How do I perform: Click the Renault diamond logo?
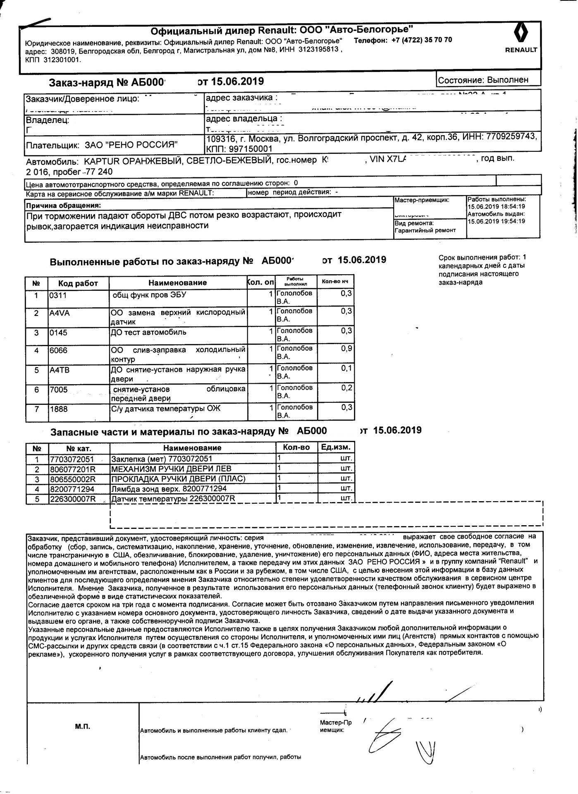520,33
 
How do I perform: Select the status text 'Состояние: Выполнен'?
483,80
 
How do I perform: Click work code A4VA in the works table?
60,313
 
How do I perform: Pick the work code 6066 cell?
58,351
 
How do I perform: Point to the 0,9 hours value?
346,349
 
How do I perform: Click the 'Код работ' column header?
78,283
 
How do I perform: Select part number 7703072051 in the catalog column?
72,459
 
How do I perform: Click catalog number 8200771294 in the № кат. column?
72,489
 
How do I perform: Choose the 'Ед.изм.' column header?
336,447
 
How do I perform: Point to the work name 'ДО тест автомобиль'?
149,332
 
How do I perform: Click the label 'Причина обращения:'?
63,206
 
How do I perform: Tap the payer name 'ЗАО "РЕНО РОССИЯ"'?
131,145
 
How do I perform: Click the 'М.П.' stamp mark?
83,727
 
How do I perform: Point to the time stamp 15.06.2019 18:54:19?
496,206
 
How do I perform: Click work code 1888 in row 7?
58,409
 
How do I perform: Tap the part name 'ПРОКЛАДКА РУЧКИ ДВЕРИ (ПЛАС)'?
178,479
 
